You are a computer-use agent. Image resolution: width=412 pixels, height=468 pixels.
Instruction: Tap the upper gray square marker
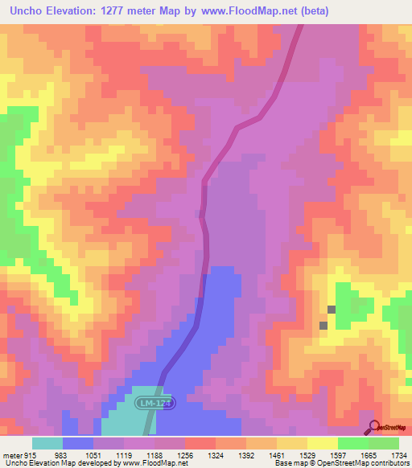[x=332, y=310]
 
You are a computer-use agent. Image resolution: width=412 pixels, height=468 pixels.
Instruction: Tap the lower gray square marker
[x=323, y=326]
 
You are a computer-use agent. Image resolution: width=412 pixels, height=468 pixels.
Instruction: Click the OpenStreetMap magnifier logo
[x=374, y=427]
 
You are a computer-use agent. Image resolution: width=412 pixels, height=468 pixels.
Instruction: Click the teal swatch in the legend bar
[x=47, y=443]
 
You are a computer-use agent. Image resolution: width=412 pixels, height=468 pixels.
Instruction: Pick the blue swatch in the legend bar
[x=78, y=443]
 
